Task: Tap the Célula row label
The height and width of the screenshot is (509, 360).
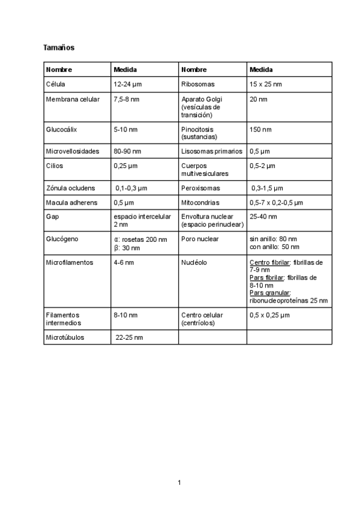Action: (x=56, y=84)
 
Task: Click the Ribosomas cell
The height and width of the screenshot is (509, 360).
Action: (x=197, y=84)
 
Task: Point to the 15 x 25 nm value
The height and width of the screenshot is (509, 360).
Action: (x=265, y=84)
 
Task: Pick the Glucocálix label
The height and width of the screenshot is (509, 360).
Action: (x=61, y=129)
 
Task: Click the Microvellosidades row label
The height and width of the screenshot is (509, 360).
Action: (x=73, y=151)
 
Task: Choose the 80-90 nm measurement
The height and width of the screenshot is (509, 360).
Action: (x=127, y=151)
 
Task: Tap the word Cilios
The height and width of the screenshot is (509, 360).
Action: (x=55, y=166)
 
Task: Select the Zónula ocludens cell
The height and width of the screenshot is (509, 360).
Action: (x=70, y=188)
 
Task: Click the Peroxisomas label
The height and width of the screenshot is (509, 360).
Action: (x=200, y=188)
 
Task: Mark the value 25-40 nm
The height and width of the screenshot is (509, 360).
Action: (x=262, y=216)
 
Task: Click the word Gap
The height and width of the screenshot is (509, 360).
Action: (x=52, y=216)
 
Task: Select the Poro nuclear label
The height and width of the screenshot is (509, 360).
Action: (x=200, y=239)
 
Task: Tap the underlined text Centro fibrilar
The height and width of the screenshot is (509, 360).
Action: (x=267, y=263)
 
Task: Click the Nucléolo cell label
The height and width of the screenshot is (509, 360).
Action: (x=194, y=263)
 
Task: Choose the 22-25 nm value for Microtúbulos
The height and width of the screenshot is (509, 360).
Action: (x=130, y=337)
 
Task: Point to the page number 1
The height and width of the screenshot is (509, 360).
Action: (x=179, y=482)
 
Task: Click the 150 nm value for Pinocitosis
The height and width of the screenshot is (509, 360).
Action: (x=260, y=129)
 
